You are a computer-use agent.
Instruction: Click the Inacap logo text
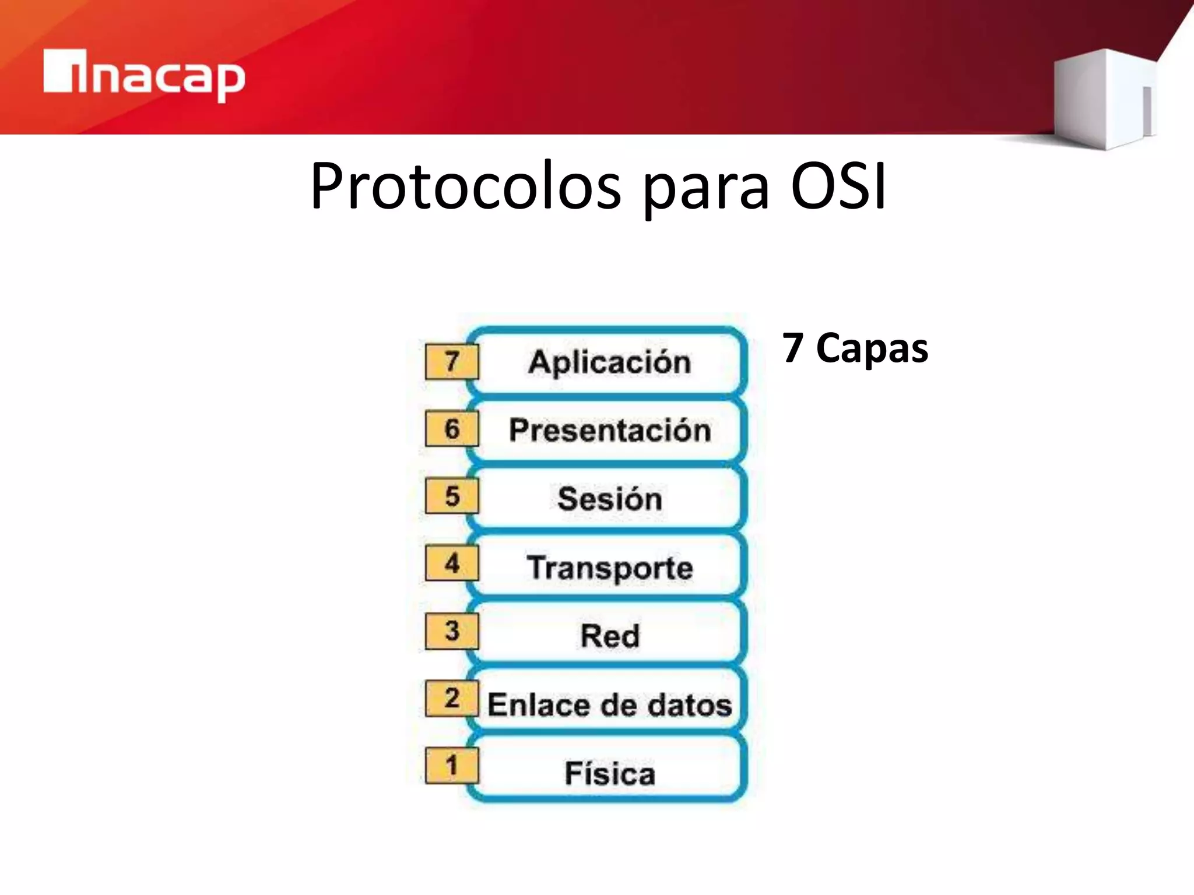[x=145, y=76]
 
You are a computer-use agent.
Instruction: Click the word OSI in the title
[x=838, y=186]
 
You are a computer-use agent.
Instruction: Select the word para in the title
[x=706, y=189]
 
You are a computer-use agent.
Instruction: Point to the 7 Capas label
[x=855, y=348]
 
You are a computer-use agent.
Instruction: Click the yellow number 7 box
[x=452, y=362]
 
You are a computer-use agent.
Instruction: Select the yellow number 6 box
[x=452, y=429]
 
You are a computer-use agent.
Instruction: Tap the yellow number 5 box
[x=452, y=496]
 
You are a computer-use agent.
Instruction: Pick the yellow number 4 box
[x=452, y=563]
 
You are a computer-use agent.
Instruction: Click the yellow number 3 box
[x=452, y=631]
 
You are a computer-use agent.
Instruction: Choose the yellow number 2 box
[x=452, y=698]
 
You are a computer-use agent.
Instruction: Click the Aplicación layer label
[x=610, y=362]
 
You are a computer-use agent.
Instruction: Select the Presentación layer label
[x=610, y=431]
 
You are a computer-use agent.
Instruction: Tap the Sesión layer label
[x=610, y=499]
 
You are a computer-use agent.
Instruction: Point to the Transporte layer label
[x=610, y=568]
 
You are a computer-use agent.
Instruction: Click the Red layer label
[x=610, y=636]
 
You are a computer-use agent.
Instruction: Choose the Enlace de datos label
[x=610, y=704]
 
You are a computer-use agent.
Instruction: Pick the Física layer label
[x=610, y=773]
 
